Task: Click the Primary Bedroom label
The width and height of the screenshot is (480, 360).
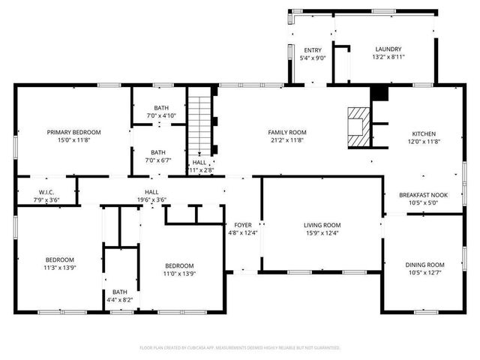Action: [x=73, y=132]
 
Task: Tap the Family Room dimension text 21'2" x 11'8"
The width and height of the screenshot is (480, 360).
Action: [x=288, y=140]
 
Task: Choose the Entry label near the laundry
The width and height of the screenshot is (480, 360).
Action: [x=312, y=50]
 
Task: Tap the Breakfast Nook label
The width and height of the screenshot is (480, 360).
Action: [x=423, y=195]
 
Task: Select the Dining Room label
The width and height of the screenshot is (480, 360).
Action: [x=424, y=265]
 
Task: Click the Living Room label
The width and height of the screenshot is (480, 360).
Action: [x=322, y=225]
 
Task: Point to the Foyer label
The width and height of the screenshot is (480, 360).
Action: [x=242, y=225]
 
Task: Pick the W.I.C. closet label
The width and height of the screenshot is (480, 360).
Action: [x=46, y=192]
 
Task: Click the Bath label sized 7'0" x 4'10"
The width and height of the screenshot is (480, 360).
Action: [x=161, y=108]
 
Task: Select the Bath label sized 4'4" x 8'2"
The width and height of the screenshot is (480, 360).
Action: [x=119, y=292]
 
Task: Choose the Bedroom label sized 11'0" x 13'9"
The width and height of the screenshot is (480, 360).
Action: [x=179, y=265]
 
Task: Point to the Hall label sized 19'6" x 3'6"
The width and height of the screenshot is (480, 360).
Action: [x=151, y=192]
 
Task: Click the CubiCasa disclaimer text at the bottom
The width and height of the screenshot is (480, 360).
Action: [x=240, y=347]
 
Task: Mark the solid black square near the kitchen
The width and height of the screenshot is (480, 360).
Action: [x=380, y=93]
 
